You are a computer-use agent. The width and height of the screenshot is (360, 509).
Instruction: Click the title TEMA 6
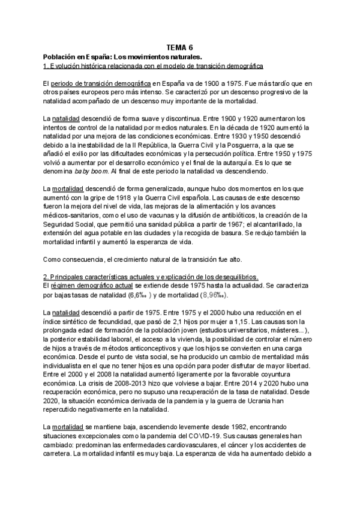tap(180, 46)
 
